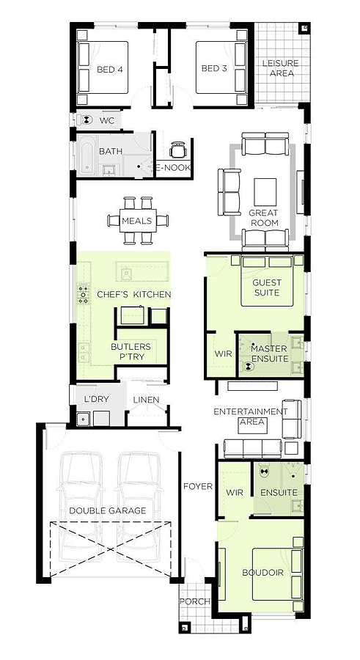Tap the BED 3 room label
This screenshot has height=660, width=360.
pos(214,68)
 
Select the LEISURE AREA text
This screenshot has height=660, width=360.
pos(280,67)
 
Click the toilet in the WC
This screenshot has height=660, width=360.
pos(87,120)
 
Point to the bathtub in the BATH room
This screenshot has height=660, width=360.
pos(87,155)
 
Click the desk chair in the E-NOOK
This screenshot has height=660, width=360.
pos(177,150)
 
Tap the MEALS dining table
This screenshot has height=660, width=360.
pos(138,221)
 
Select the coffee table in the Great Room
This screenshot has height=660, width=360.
pos(265,192)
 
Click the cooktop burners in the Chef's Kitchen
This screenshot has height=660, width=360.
pos(83,293)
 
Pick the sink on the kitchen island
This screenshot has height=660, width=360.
pos(125,274)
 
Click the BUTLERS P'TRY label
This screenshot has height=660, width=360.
pos(131,351)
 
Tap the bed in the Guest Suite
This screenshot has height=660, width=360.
pos(267,281)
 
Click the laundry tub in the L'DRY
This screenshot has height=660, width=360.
pos(83,419)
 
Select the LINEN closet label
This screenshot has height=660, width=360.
pos(146,400)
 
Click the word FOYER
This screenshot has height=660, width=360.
pos(198,486)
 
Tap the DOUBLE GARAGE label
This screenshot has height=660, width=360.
pos(108,510)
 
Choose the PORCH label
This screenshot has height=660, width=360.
pos(195,601)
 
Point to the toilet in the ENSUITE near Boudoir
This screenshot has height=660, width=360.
pos(264,472)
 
